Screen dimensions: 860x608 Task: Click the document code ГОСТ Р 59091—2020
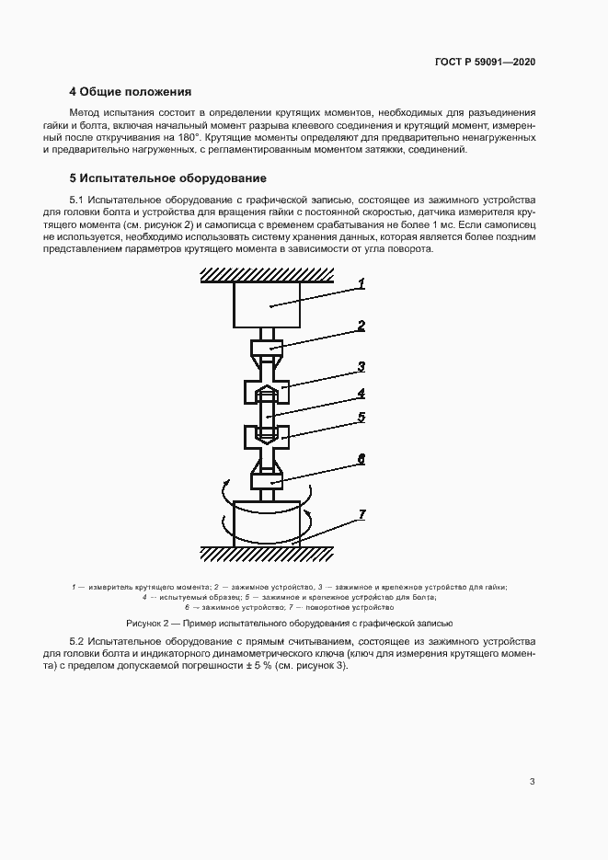pos(484,63)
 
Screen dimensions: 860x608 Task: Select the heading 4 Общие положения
pos(130,92)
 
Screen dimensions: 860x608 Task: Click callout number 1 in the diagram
pos(361,283)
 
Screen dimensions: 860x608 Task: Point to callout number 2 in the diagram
pos(361,325)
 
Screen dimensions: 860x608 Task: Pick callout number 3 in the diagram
pos(361,366)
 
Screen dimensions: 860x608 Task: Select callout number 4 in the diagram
pos(361,393)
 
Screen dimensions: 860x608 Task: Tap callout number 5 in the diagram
pos(361,417)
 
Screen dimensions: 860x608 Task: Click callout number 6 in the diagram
pos(361,457)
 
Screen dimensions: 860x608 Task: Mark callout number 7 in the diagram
pos(362,513)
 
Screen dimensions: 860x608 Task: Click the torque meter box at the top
pos(268,305)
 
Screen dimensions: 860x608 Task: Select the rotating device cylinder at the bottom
pos(268,524)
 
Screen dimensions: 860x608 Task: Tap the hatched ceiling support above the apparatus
pos(268,275)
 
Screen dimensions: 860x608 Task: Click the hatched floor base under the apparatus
pos(268,554)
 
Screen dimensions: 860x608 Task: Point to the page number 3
pos(532,782)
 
